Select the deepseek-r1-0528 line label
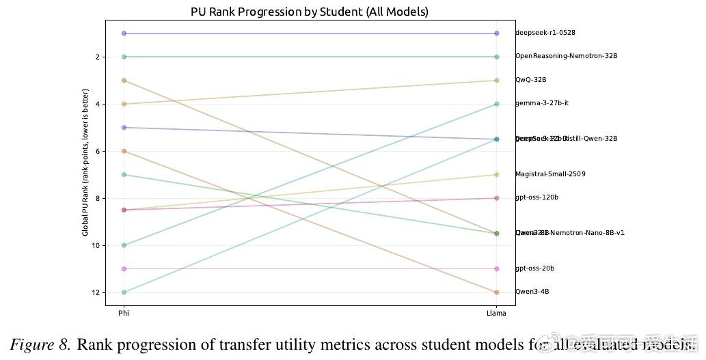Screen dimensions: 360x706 coord(541,33)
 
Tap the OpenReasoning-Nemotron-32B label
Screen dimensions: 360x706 coord(566,56)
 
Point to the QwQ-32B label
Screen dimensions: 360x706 coord(530,80)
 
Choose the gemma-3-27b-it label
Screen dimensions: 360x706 coord(541,103)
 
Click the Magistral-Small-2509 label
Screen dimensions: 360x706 coord(550,174)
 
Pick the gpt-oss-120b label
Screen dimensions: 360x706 coord(537,197)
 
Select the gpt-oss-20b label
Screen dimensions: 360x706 coord(534,268)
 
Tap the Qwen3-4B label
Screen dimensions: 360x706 coord(532,292)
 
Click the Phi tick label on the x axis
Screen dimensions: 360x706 coord(124,314)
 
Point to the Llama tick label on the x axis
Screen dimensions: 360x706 coord(496,314)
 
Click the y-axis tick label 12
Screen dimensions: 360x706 coord(96,292)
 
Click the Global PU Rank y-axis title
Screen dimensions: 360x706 coord(85,162)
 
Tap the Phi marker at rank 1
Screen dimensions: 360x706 coord(124,33)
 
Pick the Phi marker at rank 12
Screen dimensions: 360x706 coord(124,292)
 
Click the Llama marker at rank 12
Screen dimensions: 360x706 coord(496,292)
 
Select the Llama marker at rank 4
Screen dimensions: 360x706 coord(496,104)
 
